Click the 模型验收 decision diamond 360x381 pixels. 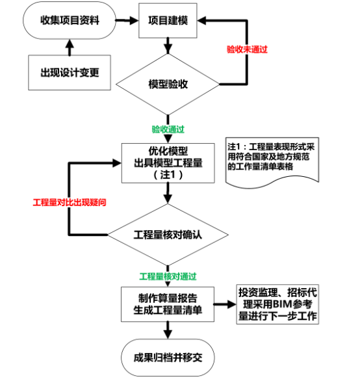pyautogui.click(x=168, y=85)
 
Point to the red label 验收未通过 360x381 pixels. pyautogui.click(x=246, y=49)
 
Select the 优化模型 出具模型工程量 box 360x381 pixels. pyautogui.click(x=168, y=163)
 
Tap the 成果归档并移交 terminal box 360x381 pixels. pyautogui.click(x=168, y=356)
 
